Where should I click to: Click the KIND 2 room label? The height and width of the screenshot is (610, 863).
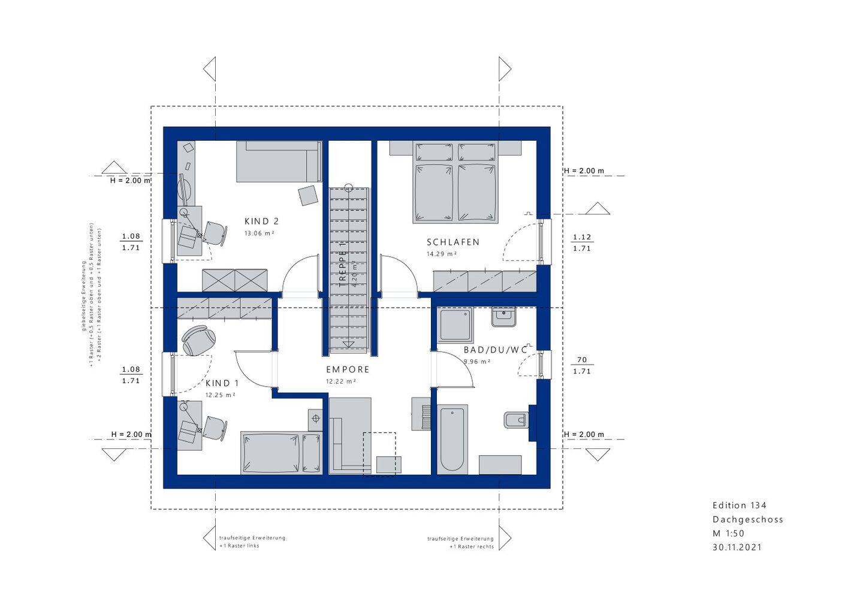tap(261, 221)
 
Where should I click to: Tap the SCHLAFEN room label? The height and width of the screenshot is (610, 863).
tap(453, 242)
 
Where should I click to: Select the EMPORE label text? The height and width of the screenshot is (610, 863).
tap(348, 370)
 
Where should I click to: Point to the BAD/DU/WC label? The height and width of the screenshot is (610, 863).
tap(495, 350)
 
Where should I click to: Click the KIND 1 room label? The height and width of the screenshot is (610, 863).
tap(222, 383)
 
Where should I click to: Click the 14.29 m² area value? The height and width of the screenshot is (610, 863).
tap(442, 254)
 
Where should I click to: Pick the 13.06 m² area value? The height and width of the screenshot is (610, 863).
tap(259, 233)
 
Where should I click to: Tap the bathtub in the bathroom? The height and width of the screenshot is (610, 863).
tap(452, 439)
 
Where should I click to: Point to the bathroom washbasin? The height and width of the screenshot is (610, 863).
tap(503, 317)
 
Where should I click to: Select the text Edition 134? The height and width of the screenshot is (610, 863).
tap(739, 506)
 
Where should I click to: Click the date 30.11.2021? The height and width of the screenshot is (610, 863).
tap(737, 547)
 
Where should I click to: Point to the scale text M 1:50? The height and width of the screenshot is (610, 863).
tap(728, 533)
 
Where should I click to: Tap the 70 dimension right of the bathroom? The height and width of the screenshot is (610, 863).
tap(581, 360)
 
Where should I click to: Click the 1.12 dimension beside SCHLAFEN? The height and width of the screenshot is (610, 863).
tap(581, 237)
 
